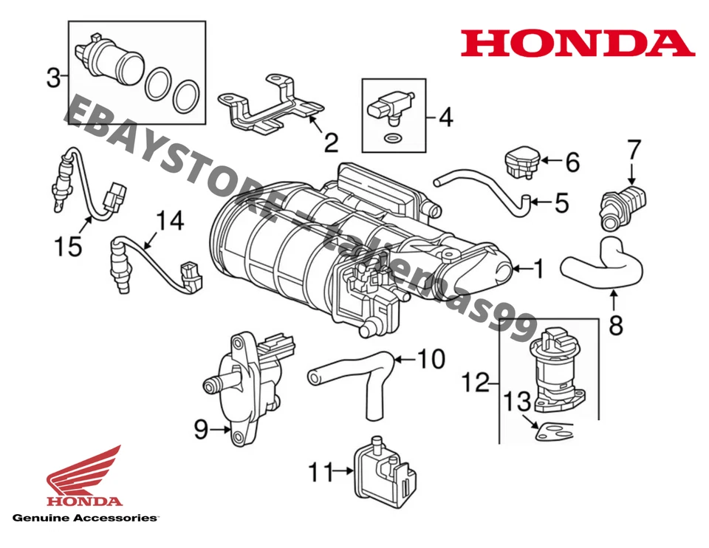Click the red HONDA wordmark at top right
click(578, 44)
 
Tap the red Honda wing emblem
click(83, 473)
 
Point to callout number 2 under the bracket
click(330, 141)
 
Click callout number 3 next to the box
click(53, 78)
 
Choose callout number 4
click(445, 117)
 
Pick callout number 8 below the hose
click(615, 324)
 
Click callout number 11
click(321, 472)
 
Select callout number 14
click(169, 221)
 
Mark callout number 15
click(68, 245)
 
